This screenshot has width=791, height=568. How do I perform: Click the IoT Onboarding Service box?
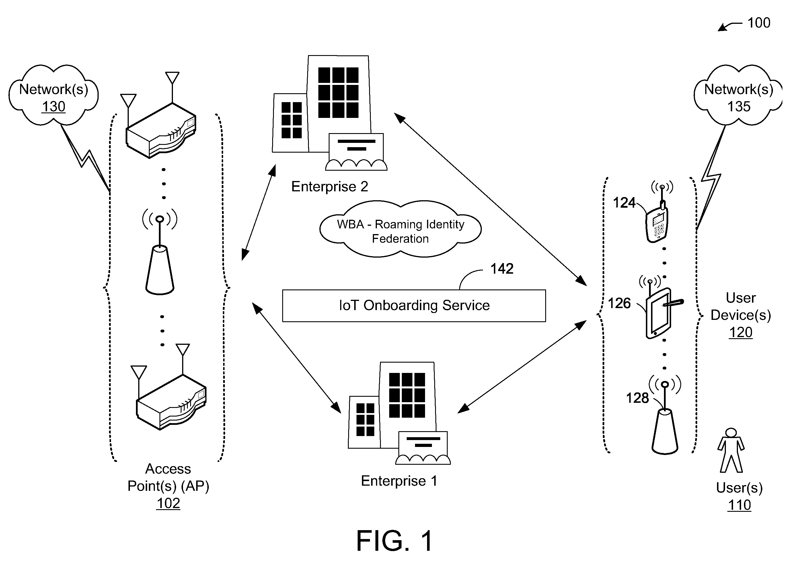coord(414,306)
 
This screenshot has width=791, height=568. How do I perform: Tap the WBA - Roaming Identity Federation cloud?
coord(400,229)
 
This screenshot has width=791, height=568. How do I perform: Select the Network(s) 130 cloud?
coord(53,95)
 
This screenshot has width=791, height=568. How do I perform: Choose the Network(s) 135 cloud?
coord(738,95)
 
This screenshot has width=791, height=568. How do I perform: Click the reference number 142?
coord(502,269)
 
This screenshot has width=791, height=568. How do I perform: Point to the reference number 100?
coord(759,23)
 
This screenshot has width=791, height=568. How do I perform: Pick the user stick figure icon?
coord(731,450)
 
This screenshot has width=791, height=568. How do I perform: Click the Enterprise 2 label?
coord(330,187)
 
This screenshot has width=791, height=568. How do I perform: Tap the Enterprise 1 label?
coord(399,481)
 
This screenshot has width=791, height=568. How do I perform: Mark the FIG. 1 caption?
coord(394,540)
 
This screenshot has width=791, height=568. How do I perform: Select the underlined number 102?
coord(168,503)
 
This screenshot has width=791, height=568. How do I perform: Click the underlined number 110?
coord(739,505)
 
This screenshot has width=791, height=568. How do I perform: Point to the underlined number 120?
coord(741,332)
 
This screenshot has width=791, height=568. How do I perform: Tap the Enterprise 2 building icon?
coord(330,113)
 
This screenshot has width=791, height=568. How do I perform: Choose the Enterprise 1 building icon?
coord(399,413)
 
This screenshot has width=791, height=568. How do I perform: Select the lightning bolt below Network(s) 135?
coord(710,178)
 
